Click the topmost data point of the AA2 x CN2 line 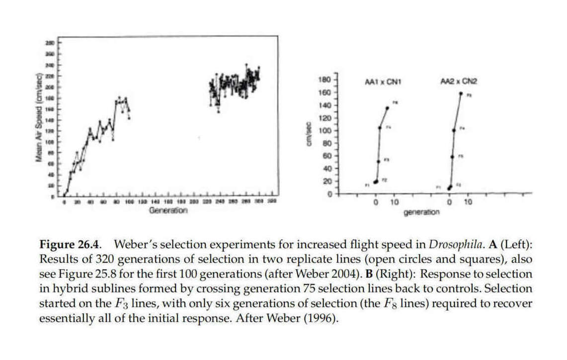coord(461,93)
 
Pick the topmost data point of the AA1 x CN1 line coord(388,108)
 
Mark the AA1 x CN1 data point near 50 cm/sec coord(379,161)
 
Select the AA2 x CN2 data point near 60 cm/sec coord(452,157)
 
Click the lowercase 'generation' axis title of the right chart coord(422,213)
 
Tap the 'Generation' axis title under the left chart coord(168,211)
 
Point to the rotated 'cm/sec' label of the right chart coord(309,135)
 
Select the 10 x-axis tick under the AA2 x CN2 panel coord(468,202)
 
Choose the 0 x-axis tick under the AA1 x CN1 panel coord(376,202)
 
